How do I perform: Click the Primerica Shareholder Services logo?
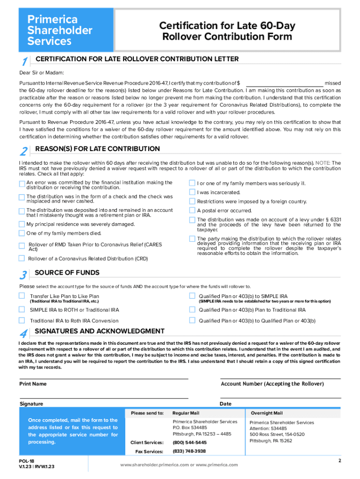(x=65, y=30)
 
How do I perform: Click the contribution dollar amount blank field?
(x=285, y=83)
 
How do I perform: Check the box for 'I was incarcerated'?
(x=192, y=192)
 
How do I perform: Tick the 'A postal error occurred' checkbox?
(x=192, y=210)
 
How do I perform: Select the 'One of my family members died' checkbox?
(x=22, y=233)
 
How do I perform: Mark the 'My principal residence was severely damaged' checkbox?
(x=22, y=224)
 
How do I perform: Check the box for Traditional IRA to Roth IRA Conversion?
(x=22, y=320)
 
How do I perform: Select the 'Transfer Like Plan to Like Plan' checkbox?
(x=22, y=296)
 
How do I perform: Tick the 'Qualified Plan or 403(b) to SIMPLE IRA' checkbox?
(x=192, y=296)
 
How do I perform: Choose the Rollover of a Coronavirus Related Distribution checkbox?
(x=22, y=258)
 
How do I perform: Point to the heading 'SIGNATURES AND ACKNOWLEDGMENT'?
(x=100, y=331)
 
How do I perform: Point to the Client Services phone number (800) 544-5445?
(x=189, y=442)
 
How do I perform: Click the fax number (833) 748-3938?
(x=189, y=451)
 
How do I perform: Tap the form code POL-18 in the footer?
(x=26, y=461)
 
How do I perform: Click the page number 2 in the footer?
(x=340, y=461)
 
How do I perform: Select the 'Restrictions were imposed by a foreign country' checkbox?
(x=192, y=201)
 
